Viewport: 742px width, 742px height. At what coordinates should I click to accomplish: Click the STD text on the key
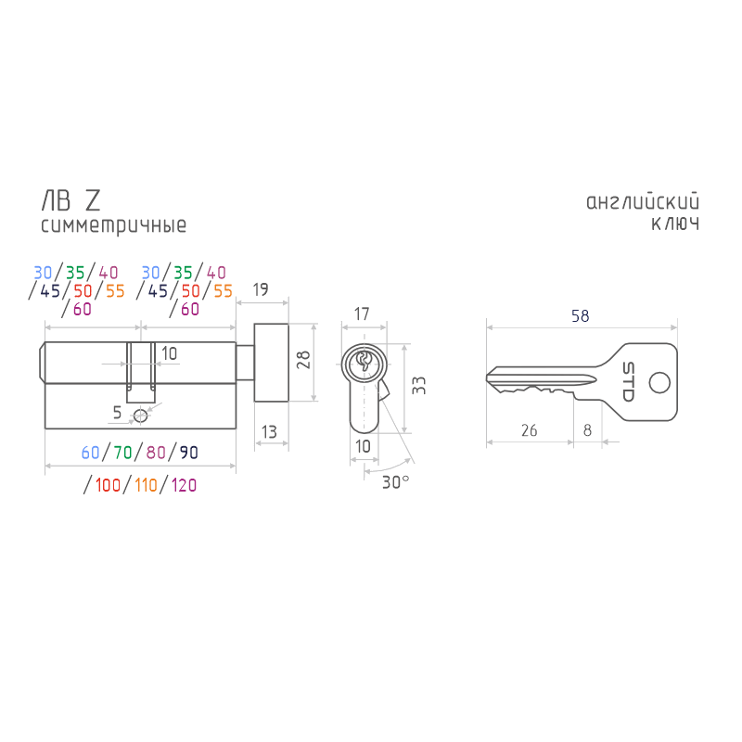[x=628, y=381]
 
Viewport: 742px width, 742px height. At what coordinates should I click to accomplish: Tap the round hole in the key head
[x=659, y=382]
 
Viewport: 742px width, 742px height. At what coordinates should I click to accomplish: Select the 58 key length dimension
[x=581, y=316]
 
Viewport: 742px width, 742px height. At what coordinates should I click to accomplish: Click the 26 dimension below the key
[x=529, y=430]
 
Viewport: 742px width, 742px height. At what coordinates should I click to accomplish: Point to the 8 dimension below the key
[x=587, y=430]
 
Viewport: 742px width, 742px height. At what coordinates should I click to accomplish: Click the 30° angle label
[x=395, y=482]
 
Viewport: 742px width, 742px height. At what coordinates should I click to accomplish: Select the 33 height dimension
[x=419, y=386]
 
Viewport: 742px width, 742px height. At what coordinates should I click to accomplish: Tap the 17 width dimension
[x=362, y=313]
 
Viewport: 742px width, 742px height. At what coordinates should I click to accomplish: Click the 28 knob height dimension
[x=303, y=360]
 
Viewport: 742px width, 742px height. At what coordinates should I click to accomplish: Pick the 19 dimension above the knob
[x=261, y=289]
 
